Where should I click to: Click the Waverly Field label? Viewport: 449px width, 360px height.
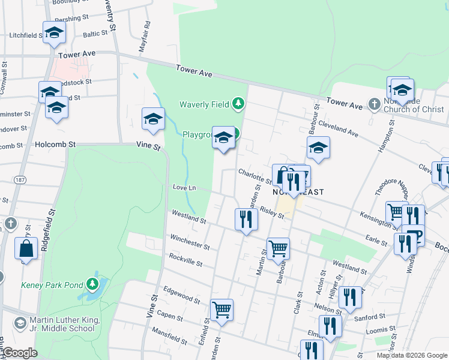[x=204, y=104]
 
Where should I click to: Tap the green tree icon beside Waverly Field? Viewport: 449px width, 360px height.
[x=239, y=104]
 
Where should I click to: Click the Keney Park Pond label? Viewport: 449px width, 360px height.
[x=52, y=284]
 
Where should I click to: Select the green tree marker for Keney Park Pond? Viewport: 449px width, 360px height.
[x=92, y=283]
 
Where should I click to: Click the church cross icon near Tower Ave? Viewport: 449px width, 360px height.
[x=373, y=104]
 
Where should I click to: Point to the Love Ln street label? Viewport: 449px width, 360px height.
[x=184, y=188]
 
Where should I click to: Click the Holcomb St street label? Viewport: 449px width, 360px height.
[x=55, y=145]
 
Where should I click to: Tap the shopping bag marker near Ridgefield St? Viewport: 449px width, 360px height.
[x=26, y=248]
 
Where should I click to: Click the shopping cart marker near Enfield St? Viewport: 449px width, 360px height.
[x=221, y=310]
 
